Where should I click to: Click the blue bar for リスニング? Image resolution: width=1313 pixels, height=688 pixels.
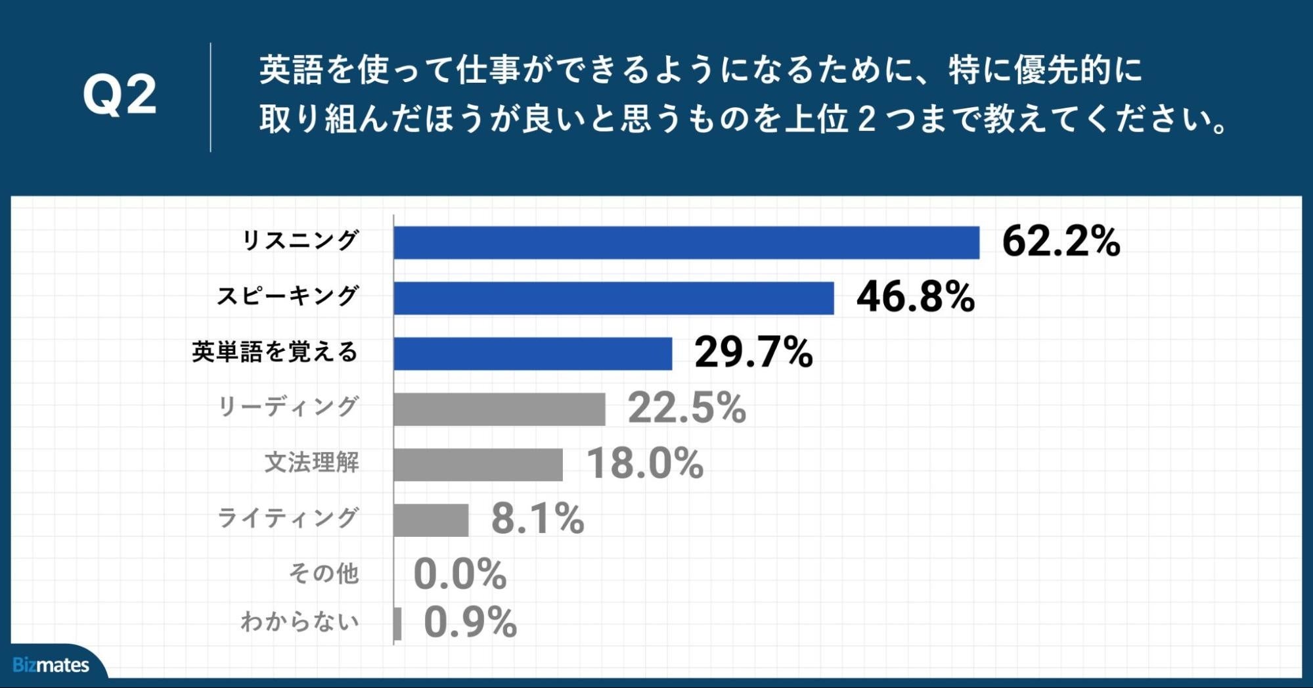[686, 242]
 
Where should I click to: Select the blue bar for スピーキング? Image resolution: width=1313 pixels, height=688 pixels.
[613, 298]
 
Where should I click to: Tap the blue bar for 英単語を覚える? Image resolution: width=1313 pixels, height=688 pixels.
[533, 354]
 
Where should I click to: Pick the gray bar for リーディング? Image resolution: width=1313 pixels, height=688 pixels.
[499, 409]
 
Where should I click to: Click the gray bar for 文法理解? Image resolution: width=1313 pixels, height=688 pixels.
[478, 465]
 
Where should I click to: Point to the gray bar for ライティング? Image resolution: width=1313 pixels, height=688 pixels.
[431, 520]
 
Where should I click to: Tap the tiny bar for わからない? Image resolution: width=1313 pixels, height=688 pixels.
[397, 623]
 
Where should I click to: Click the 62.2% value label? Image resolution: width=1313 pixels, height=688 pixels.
[1061, 241]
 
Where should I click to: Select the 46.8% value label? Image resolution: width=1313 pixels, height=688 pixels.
[916, 297]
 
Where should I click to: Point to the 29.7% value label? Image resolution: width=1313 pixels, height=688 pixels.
[753, 352]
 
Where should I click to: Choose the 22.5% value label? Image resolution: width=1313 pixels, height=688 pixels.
[687, 408]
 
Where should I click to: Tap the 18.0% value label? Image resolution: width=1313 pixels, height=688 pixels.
[644, 463]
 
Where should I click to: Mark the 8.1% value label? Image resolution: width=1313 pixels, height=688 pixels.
[538, 518]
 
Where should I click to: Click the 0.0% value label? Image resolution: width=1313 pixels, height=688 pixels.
[460, 574]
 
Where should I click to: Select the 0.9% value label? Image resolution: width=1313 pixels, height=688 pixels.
[470, 622]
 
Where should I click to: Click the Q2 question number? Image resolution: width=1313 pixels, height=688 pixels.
[120, 96]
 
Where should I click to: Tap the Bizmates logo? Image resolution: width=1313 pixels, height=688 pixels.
[51, 665]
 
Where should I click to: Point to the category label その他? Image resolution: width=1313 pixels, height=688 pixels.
[324, 574]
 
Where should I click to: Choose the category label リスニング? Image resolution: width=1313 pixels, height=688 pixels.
[301, 241]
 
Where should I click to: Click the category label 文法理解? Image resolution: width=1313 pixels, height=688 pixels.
[311, 463]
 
